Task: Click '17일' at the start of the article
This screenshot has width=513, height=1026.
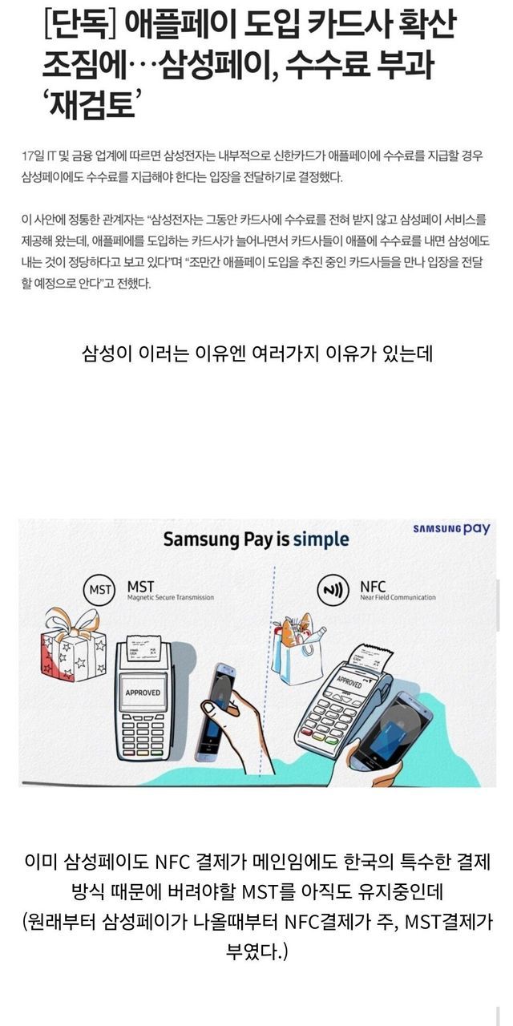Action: tap(32, 156)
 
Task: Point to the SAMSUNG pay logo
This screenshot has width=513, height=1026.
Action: tap(451, 529)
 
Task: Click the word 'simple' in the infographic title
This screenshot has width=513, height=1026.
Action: tap(321, 539)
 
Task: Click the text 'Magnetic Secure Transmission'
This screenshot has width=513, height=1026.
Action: tap(171, 597)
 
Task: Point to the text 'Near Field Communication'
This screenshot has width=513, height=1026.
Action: tap(398, 597)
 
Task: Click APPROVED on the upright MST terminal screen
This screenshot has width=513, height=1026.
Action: tap(143, 693)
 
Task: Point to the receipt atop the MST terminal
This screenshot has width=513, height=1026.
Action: tap(143, 648)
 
